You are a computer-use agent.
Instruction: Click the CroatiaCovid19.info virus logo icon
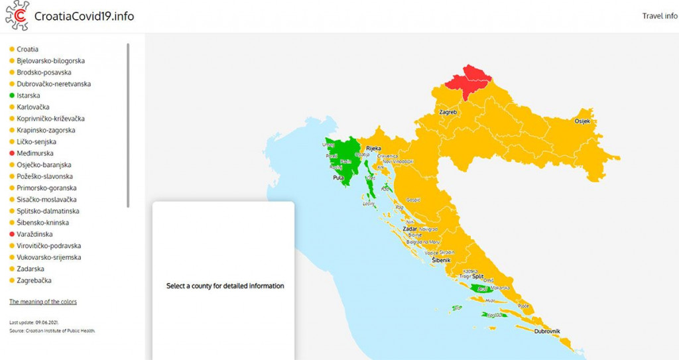[x=17, y=16]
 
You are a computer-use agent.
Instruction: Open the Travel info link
[x=659, y=16]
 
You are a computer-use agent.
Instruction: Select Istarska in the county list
[x=29, y=95]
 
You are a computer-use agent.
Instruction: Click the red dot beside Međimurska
[x=12, y=153]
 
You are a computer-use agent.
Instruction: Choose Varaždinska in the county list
[x=34, y=234]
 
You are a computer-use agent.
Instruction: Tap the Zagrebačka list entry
[x=33, y=280]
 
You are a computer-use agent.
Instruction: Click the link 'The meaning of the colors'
[x=43, y=302]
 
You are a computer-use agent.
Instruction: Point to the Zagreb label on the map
[x=448, y=113]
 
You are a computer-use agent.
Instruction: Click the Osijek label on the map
[x=582, y=122]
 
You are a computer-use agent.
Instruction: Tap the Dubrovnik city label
[x=547, y=331]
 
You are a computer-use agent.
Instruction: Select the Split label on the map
[x=487, y=276]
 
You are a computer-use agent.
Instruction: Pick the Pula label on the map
[x=339, y=178]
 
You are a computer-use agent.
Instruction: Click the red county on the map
[x=467, y=83]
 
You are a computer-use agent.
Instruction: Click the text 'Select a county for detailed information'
[x=225, y=286]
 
